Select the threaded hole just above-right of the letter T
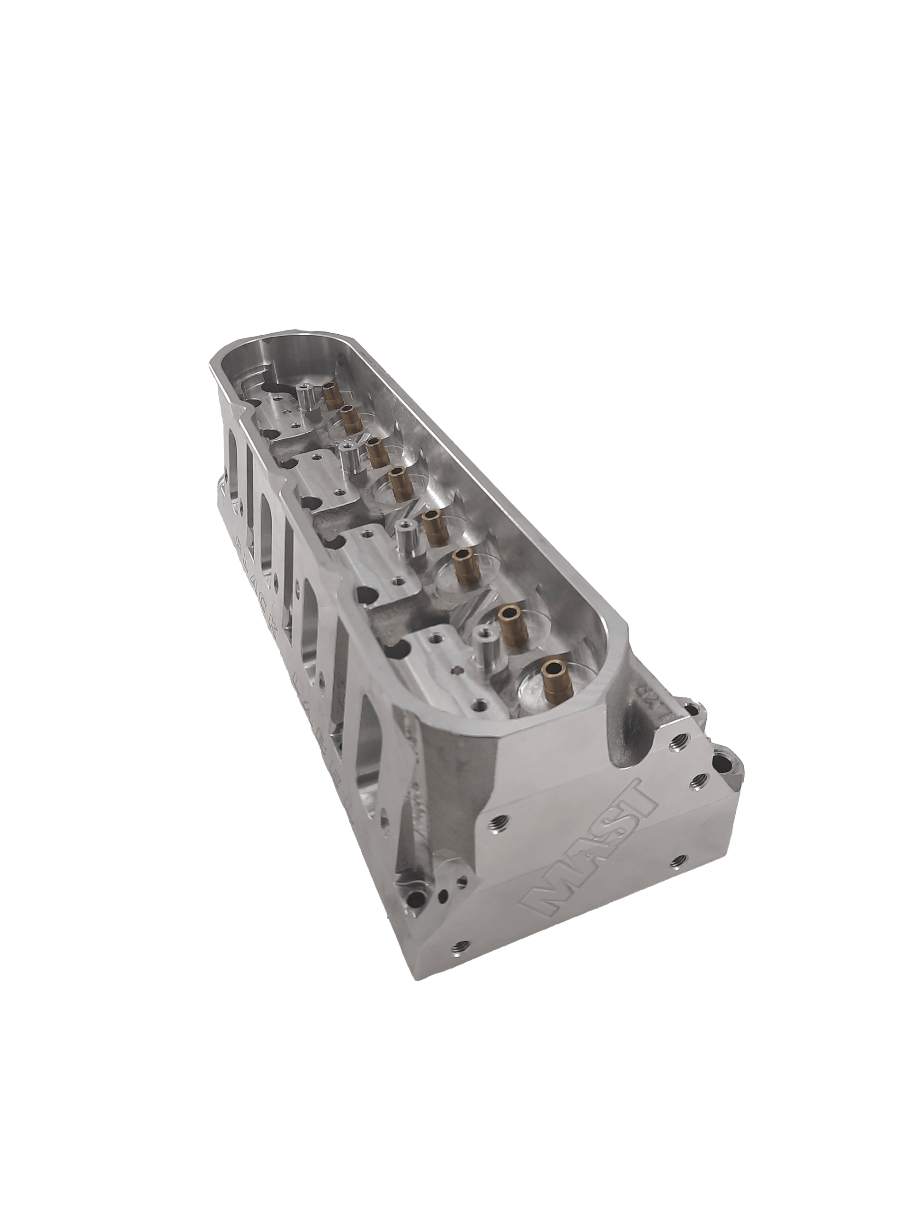(x=699, y=779)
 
